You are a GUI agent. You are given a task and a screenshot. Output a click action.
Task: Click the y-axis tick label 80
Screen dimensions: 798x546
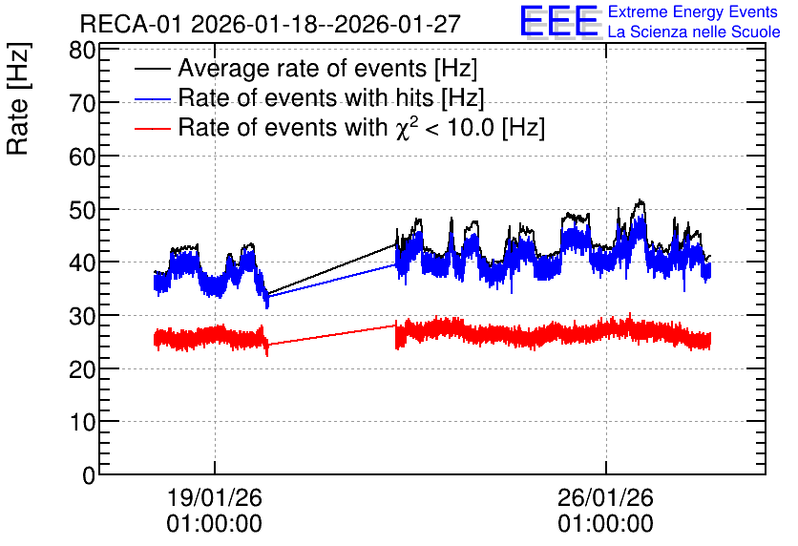(82, 51)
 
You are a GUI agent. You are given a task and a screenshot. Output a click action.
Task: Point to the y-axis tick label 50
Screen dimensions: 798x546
(82, 210)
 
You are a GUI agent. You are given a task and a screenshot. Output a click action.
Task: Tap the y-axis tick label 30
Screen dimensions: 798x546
(82, 316)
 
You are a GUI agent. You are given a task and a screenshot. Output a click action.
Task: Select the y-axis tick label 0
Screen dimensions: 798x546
(89, 475)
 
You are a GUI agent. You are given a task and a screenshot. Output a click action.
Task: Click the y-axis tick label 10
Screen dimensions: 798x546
(82, 422)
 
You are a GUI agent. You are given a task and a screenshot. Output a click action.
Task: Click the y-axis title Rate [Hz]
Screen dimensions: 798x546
(18, 98)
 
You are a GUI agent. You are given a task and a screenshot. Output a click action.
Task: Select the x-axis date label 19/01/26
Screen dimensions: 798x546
(214, 497)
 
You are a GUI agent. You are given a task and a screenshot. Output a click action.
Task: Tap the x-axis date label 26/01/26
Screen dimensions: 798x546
(605, 497)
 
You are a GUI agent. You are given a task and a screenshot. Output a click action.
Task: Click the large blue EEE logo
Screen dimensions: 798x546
(559, 21)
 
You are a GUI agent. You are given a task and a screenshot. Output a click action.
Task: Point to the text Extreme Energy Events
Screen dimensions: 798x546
(693, 11)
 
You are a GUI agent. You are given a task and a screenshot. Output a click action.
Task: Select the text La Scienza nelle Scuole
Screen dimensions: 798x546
(694, 31)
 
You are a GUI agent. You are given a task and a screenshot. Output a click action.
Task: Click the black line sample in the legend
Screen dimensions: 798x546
(153, 69)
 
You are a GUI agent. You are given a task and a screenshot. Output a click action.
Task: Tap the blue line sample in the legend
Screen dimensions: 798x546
(153, 98)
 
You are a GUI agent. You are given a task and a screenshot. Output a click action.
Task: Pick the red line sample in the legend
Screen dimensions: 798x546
(153, 128)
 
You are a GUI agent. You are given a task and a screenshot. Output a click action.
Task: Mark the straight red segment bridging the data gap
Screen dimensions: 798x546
(332, 335)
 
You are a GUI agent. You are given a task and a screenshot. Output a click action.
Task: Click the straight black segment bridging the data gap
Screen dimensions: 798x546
(332, 268)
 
